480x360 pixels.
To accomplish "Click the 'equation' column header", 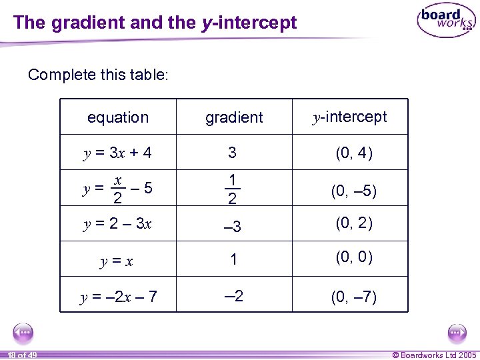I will pyautogui.click(x=118, y=118).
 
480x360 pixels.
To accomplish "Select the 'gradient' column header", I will pyautogui.click(x=234, y=118).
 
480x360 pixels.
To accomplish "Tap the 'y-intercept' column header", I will pyautogui.click(x=350, y=117).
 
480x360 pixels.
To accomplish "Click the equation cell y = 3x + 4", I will pyautogui.click(x=117, y=153).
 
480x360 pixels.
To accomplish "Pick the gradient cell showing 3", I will pyautogui.click(x=232, y=153).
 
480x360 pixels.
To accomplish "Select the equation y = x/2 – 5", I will pyautogui.click(x=117, y=189).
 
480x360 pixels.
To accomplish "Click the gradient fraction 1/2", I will pyautogui.click(x=232, y=190).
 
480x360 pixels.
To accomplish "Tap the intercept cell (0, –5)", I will pyautogui.click(x=353, y=191).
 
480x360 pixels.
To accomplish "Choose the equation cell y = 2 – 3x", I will pyautogui.click(x=117, y=224).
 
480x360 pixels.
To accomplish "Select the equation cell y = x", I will pyautogui.click(x=117, y=261).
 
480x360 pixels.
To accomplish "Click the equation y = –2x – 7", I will pyautogui.click(x=119, y=297).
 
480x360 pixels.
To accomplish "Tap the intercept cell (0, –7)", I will pyautogui.click(x=353, y=297).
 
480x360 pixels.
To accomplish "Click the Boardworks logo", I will pyautogui.click(x=445, y=21).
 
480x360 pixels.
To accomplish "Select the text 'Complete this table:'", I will pyautogui.click(x=99, y=75).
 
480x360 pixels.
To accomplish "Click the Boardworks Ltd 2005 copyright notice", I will pyautogui.click(x=434, y=355).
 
